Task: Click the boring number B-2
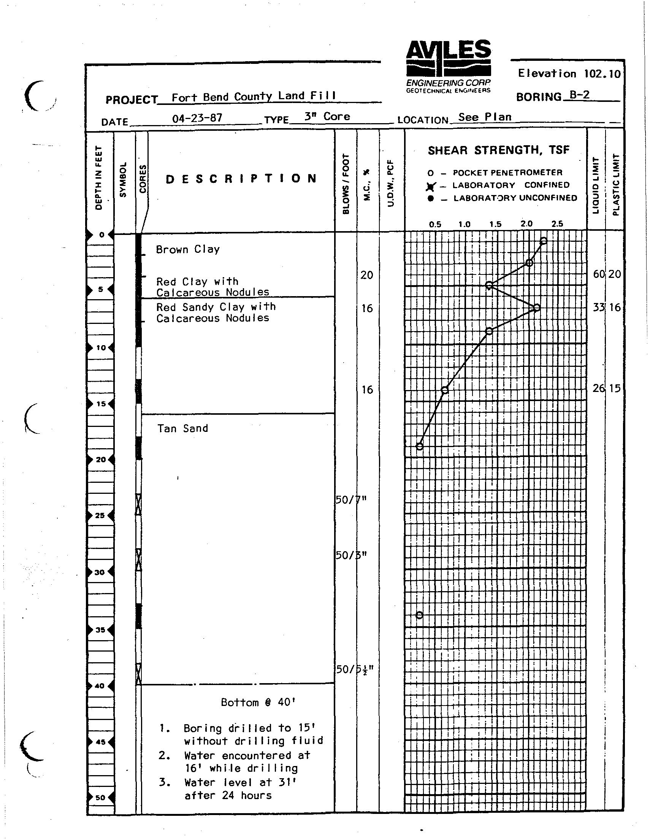tap(580, 95)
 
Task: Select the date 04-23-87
tap(197, 118)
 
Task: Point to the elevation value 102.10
tap(602, 74)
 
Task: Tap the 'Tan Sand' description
tap(183, 428)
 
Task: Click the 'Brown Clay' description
tap(188, 249)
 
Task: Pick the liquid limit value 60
tap(599, 274)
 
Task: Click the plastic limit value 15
tap(615, 389)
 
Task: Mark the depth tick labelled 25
tap(100, 515)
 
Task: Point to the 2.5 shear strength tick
tap(557, 224)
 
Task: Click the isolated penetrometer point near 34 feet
tap(420, 615)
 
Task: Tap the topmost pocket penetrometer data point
tap(544, 241)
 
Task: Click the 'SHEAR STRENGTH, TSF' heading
tap(499, 150)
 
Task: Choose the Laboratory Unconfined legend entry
tap(503, 198)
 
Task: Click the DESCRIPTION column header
tap(241, 179)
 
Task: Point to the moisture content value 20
tap(367, 275)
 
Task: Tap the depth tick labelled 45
tap(100, 742)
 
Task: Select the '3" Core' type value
tap(327, 116)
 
